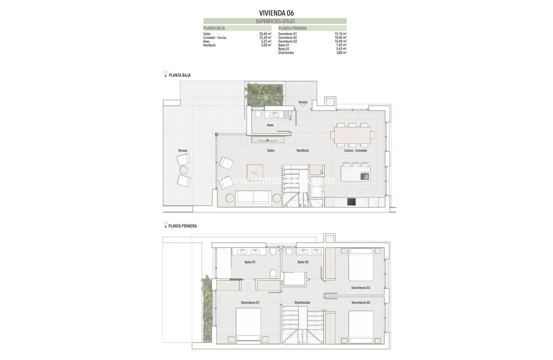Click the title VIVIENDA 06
tap(276, 13)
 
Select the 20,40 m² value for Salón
tap(266, 34)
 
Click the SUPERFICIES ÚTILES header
tap(275, 21)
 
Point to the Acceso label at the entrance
tap(303, 102)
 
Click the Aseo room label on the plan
tap(270, 125)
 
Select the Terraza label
tap(183, 150)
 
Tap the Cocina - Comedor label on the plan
tap(356, 150)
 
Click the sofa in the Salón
tap(253, 198)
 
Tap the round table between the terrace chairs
tap(184, 170)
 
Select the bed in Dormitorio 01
tap(248, 324)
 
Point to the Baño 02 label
tap(303, 262)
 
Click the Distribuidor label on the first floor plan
tap(302, 302)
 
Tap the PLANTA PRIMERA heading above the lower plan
tap(182, 226)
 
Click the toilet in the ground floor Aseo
tap(258, 114)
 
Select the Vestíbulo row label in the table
tap(209, 45)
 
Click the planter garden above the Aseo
tap(265, 94)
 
